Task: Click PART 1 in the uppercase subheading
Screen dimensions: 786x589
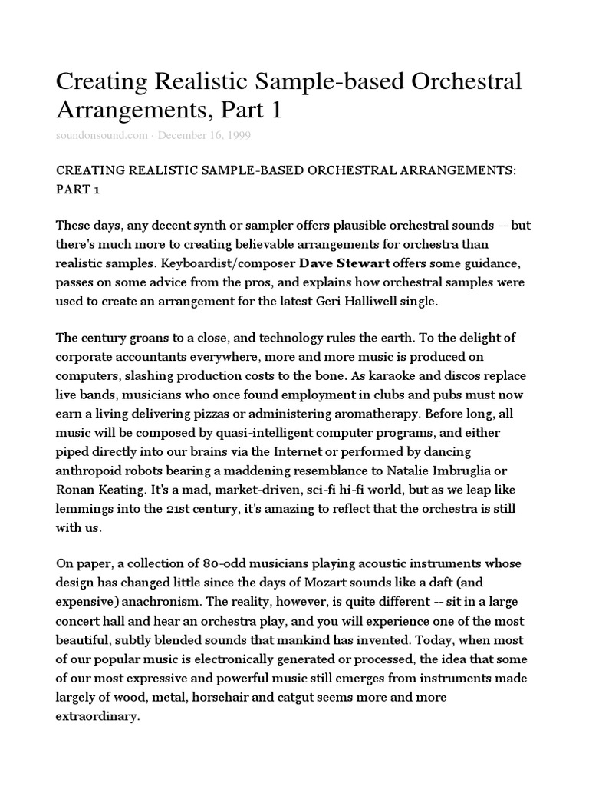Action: point(78,189)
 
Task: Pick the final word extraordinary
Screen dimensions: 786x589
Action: point(98,695)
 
